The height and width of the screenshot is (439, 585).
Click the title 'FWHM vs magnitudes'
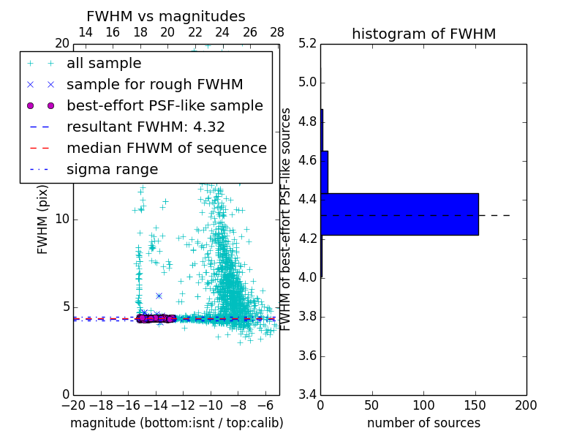click(165, 17)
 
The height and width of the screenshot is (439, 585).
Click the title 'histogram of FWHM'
click(423, 34)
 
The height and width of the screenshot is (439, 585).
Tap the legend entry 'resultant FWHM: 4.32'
click(146, 127)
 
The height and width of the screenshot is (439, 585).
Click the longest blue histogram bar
click(399, 214)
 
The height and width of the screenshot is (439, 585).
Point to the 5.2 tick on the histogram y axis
click(308, 43)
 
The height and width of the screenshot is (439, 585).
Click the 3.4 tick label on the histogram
click(308, 395)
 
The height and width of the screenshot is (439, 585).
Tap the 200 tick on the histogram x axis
click(526, 405)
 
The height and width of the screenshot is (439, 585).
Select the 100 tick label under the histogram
click(423, 405)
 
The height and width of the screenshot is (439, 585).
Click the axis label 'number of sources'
click(423, 423)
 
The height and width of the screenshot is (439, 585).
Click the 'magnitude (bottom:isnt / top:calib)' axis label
click(176, 423)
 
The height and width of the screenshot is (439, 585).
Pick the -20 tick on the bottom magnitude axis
click(73, 405)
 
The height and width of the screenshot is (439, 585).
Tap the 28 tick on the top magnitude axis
click(277, 32)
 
